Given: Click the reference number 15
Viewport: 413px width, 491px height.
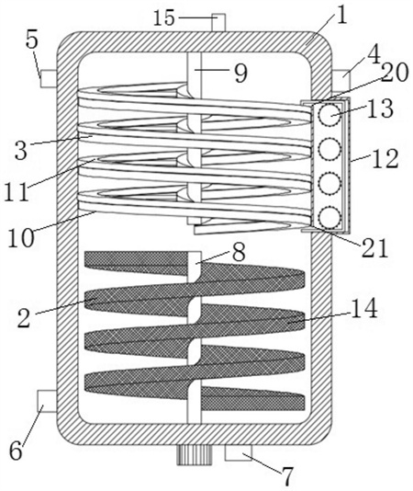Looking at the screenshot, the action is click(164, 18).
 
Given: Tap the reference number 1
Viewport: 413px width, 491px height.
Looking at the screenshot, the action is click(342, 16).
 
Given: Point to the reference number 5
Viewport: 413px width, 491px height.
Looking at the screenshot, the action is click(32, 40).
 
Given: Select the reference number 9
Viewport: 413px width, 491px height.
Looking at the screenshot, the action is click(240, 73).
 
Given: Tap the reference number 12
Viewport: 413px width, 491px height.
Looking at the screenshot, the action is click(387, 158).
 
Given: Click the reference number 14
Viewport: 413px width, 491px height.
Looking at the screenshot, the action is click(364, 308).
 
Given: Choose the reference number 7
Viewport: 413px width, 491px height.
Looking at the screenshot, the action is click(287, 475).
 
